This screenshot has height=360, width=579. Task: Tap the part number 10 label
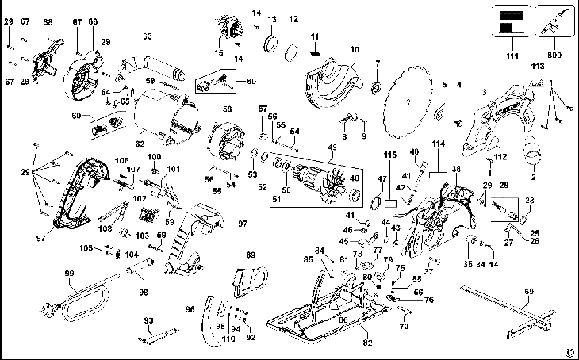point(355,49)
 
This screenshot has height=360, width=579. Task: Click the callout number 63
point(147,36)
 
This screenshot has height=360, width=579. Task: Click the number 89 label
point(251,255)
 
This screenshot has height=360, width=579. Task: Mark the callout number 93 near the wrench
point(148,320)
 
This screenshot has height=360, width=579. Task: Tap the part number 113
point(537,67)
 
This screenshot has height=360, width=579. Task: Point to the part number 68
point(48,21)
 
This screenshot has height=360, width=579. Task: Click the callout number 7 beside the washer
point(378,63)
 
